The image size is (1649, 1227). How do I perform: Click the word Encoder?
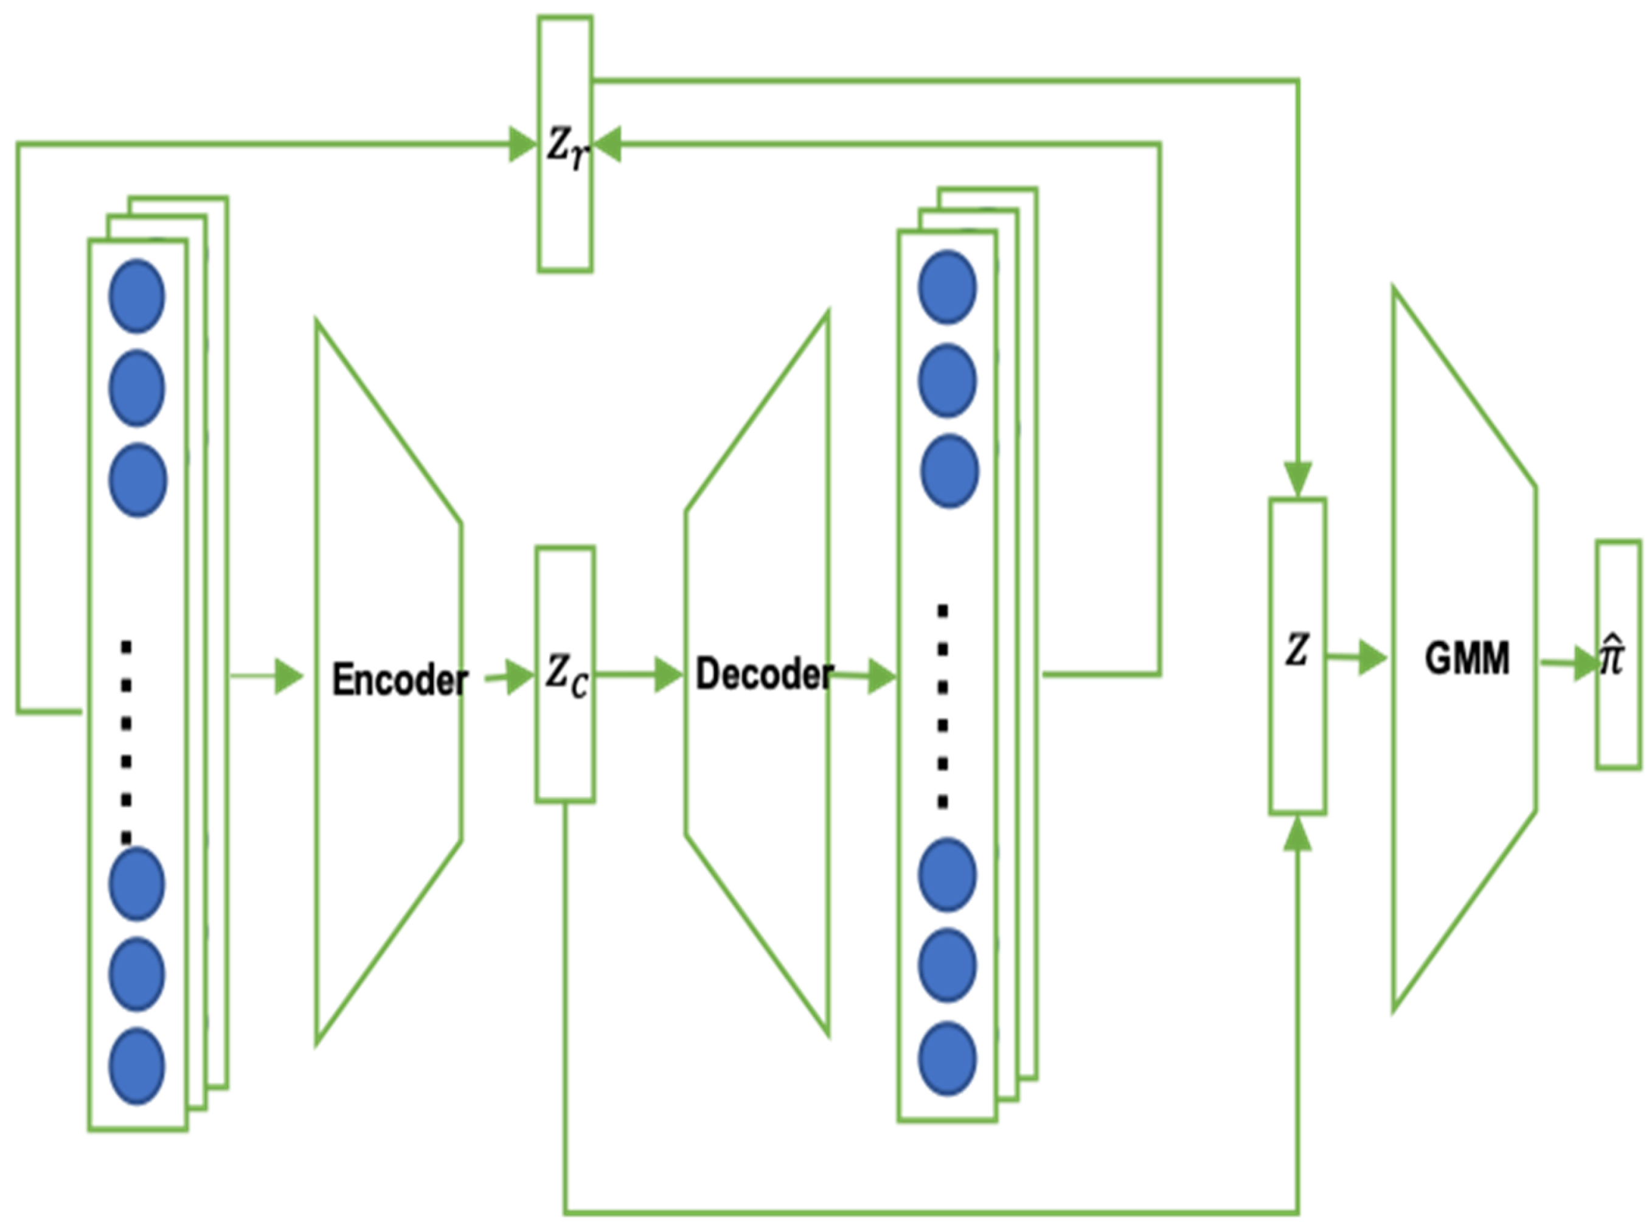400,679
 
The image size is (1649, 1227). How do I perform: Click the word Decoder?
764,675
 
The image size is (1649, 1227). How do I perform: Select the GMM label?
1467,658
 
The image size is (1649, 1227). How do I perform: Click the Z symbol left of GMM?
1297,651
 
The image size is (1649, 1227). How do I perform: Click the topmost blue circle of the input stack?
137,296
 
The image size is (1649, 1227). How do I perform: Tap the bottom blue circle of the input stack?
137,1066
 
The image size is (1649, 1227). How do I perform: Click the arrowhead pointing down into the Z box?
1299,479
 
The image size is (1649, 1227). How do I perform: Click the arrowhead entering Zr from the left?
522,145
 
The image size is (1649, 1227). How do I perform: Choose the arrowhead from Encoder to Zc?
519,676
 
